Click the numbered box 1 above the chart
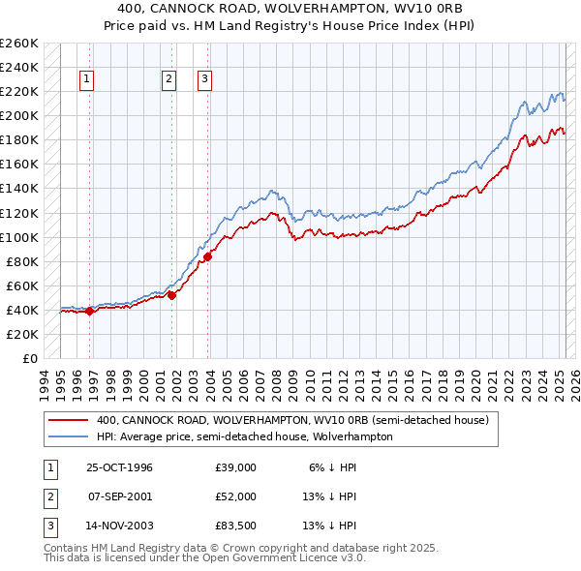(x=87, y=80)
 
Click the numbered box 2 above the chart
(x=168, y=80)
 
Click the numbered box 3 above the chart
(x=205, y=80)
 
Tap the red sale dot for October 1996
(x=89, y=311)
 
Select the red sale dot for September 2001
(x=171, y=295)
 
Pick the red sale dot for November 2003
(x=207, y=256)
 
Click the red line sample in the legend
(x=68, y=421)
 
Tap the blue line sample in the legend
(x=68, y=436)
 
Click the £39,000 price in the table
(x=236, y=467)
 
